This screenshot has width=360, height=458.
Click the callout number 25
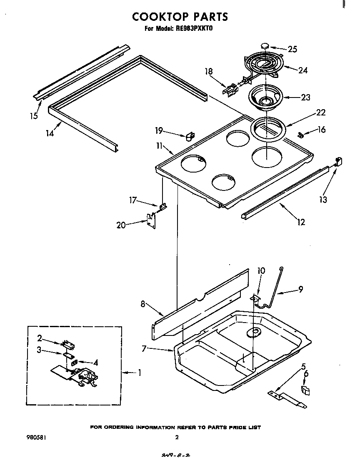[x=292, y=49]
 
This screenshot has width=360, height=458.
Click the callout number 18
[x=208, y=72]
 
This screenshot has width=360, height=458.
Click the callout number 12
[x=300, y=222]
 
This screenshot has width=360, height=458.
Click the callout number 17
[x=133, y=200]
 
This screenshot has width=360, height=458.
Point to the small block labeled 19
[x=190, y=136]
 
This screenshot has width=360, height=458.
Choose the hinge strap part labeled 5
[x=287, y=399]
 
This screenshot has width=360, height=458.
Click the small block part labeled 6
[x=305, y=390]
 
